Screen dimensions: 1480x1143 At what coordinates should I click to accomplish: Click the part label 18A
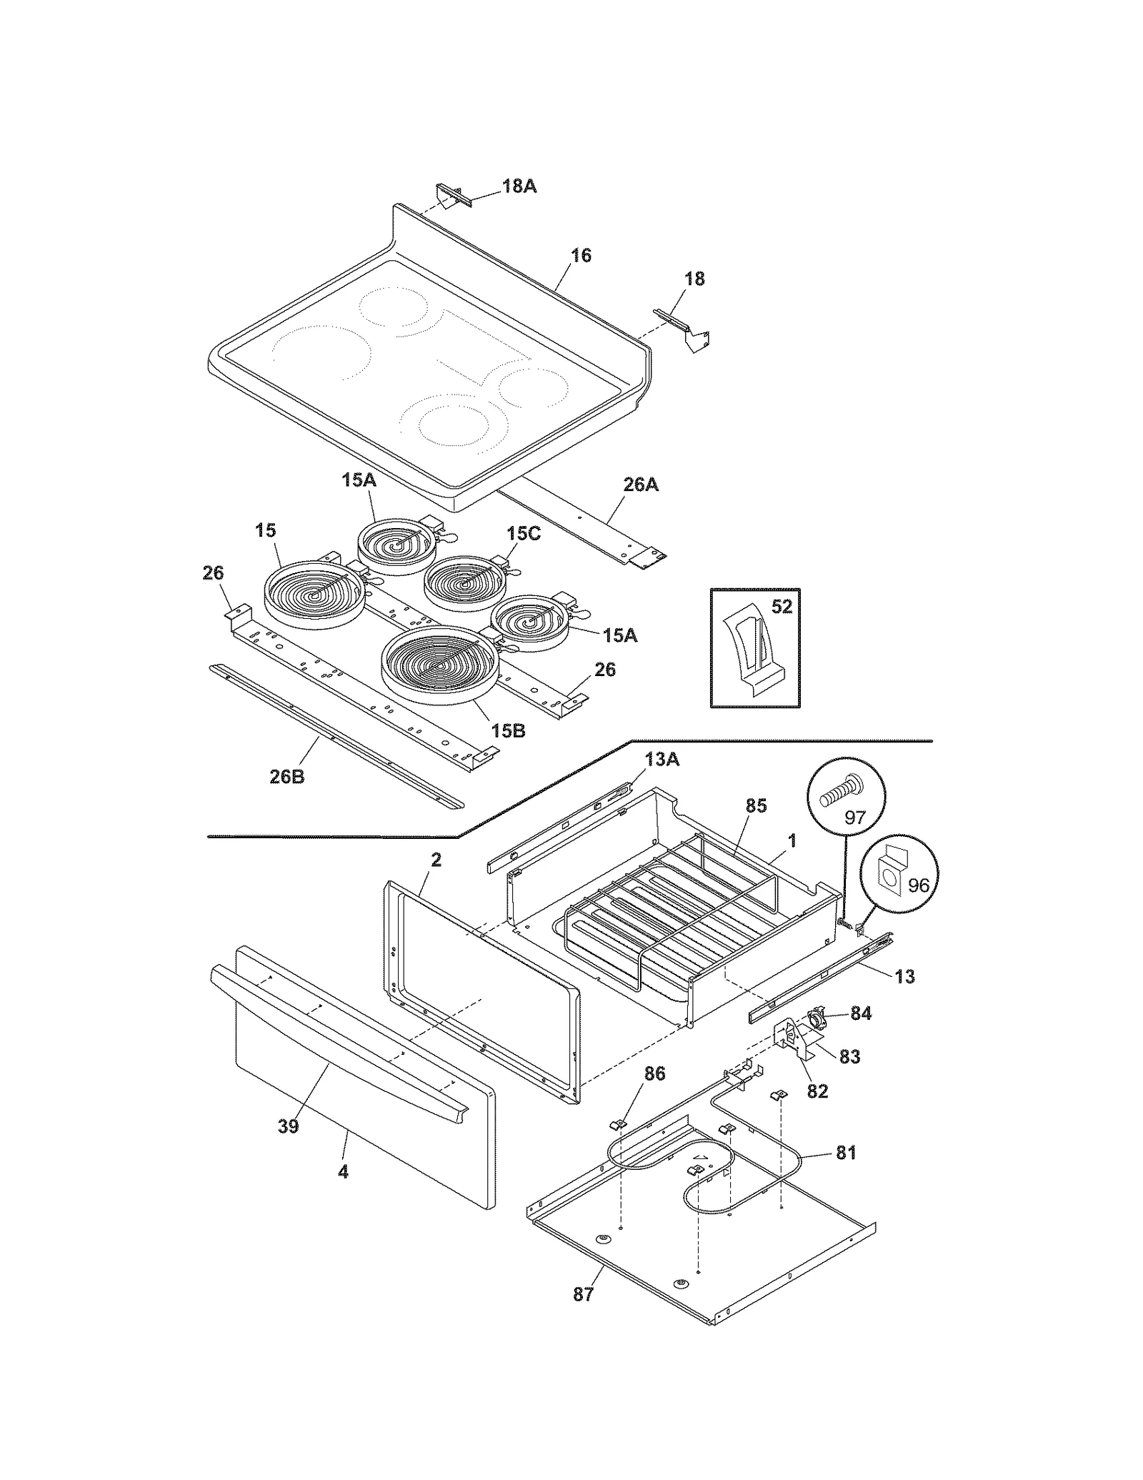tap(519, 187)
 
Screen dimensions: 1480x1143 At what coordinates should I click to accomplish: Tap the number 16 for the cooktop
tap(581, 255)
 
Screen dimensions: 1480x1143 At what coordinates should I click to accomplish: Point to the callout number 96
tap(918, 885)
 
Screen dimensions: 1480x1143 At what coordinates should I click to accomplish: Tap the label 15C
tap(524, 534)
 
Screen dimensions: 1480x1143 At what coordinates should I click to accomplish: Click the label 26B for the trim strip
tap(286, 777)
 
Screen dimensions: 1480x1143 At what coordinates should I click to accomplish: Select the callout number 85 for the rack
tap(755, 805)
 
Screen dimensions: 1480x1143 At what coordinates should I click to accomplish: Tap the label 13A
tap(662, 760)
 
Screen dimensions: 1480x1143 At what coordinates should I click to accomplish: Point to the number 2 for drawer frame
tap(436, 860)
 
